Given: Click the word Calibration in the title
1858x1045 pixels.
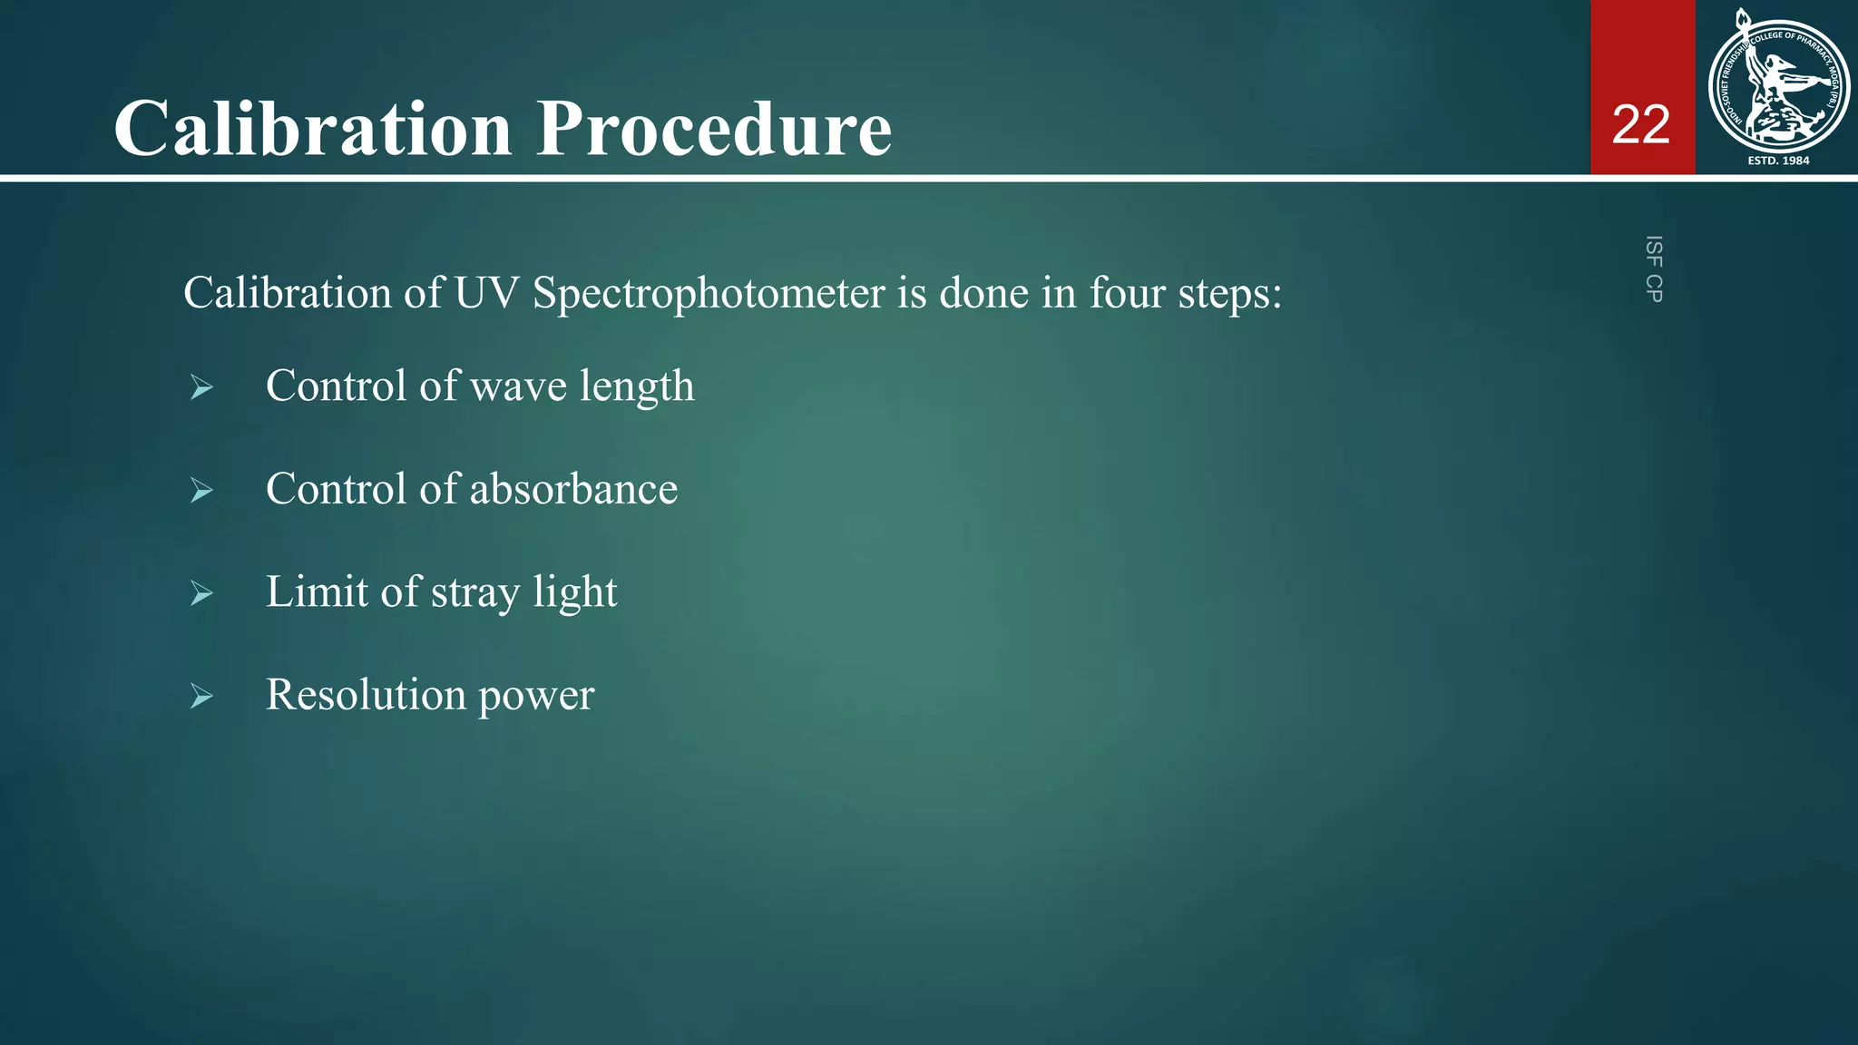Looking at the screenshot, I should coord(313,128).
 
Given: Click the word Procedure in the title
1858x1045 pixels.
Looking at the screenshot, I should coord(714,128).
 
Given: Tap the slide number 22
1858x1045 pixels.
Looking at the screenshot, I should coord(1641,124).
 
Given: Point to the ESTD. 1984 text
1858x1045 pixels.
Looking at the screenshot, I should coord(1778,161).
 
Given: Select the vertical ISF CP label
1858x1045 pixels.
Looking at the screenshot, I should coord(1654,269).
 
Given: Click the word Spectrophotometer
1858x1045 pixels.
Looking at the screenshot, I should coord(709,294).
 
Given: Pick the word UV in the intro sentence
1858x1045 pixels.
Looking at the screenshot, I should coord(486,293).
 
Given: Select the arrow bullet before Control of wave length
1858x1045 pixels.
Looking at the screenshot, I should coord(201,388).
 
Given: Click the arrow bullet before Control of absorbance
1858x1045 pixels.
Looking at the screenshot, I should coord(201,491).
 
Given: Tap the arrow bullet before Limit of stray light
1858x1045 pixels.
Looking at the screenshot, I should coord(201,594).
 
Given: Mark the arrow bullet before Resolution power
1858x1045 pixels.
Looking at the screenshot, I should coord(201,697).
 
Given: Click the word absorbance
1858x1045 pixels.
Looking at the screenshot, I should coord(573,489).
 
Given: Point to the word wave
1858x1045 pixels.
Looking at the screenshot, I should coord(519,386).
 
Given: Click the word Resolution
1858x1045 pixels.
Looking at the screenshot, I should coord(366,695).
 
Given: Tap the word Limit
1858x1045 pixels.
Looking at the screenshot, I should coord(317,591).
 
